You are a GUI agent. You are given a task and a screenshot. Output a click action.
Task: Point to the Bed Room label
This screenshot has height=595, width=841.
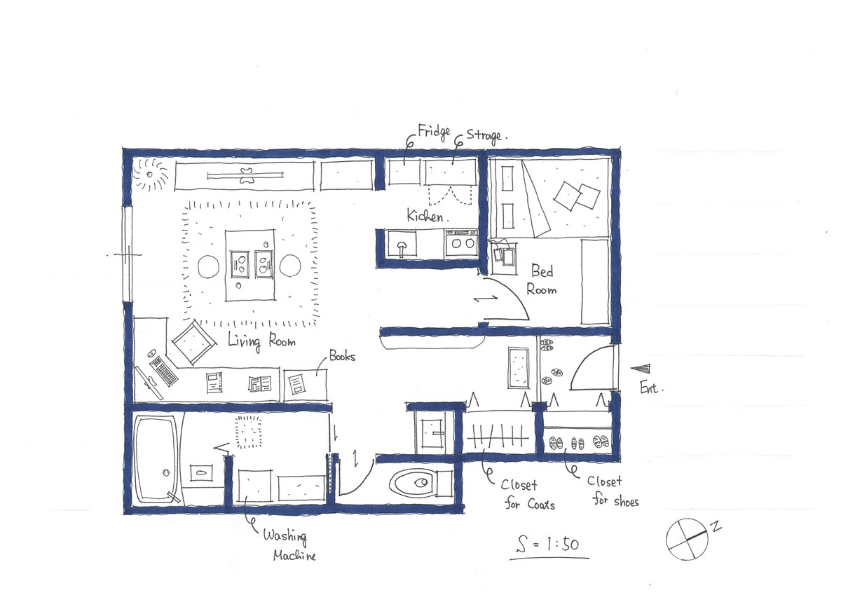point(541,280)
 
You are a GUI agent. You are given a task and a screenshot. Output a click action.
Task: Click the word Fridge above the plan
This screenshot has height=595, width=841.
point(434,132)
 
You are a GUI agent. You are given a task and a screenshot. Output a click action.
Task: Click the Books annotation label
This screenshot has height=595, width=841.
point(342,356)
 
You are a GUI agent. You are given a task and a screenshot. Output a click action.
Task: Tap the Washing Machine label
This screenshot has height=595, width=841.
point(289,545)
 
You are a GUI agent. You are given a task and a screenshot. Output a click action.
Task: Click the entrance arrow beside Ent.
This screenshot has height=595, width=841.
point(641,369)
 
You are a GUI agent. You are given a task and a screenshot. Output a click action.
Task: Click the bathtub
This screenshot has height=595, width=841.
point(156,459)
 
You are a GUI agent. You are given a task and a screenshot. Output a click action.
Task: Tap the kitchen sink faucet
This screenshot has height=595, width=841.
point(402,248)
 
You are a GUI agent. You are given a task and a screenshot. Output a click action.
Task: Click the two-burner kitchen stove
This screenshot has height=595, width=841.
point(462,243)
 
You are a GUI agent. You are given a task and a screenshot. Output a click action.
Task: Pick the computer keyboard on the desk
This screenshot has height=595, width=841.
point(163,371)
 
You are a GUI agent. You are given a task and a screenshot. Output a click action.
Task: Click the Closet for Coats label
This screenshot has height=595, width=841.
point(529,495)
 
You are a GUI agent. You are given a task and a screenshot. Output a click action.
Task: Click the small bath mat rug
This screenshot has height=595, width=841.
point(248,432)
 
